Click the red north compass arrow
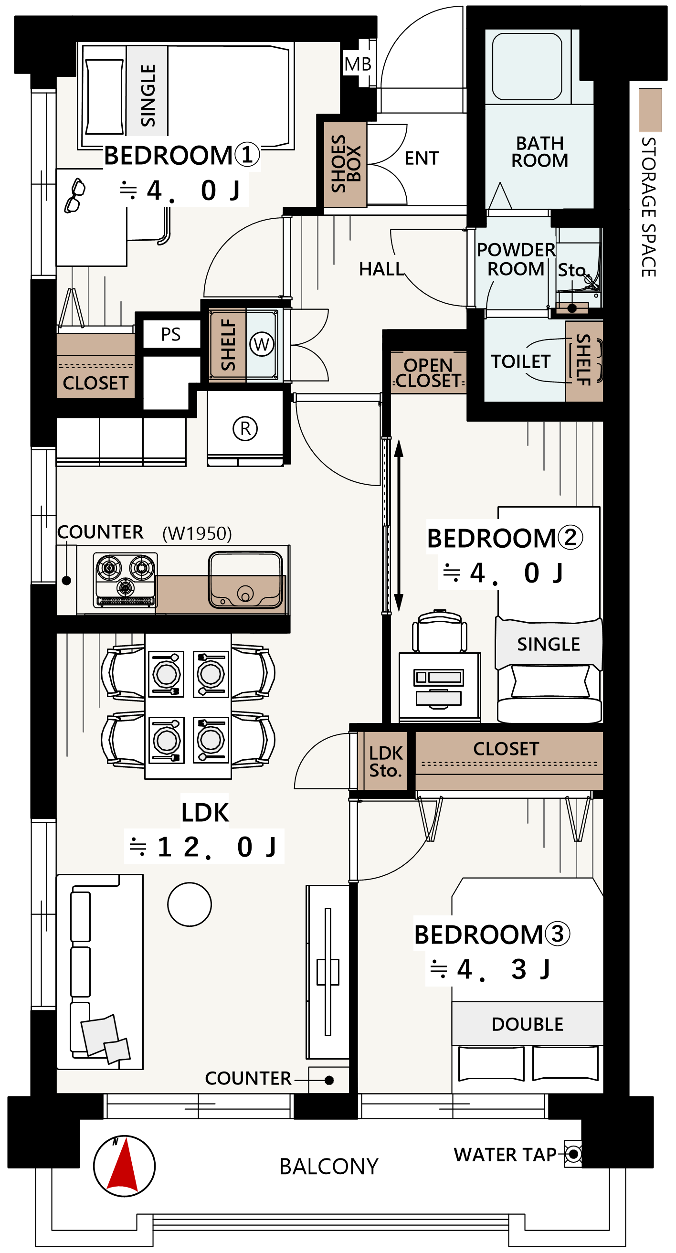[125, 1167]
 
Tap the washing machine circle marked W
[262, 344]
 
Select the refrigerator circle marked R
[245, 428]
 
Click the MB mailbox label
[358, 64]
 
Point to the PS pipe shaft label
[171, 334]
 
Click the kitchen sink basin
[245, 580]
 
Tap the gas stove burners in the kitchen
[126, 579]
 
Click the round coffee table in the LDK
[190, 904]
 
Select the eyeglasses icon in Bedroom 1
[74, 195]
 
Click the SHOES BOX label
[345, 164]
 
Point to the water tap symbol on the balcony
[573, 1154]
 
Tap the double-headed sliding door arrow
[399, 525]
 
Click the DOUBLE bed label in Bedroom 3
[528, 1024]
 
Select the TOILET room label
[520, 361]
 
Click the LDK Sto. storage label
[386, 762]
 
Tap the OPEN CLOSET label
[428, 372]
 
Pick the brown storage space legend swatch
[650, 110]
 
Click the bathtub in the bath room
[527, 66]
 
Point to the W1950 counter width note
[197, 533]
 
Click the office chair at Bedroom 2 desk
[440, 631]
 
